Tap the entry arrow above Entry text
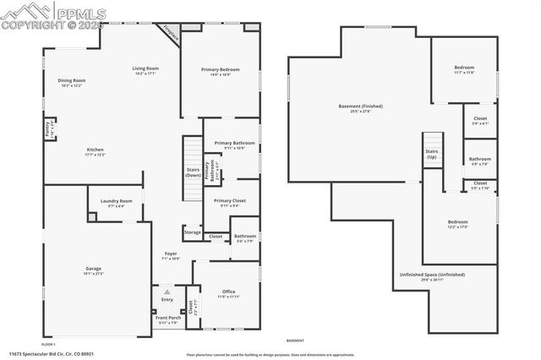click(x=167, y=292)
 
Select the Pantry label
click(x=47, y=129)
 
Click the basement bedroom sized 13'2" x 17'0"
click(x=457, y=225)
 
